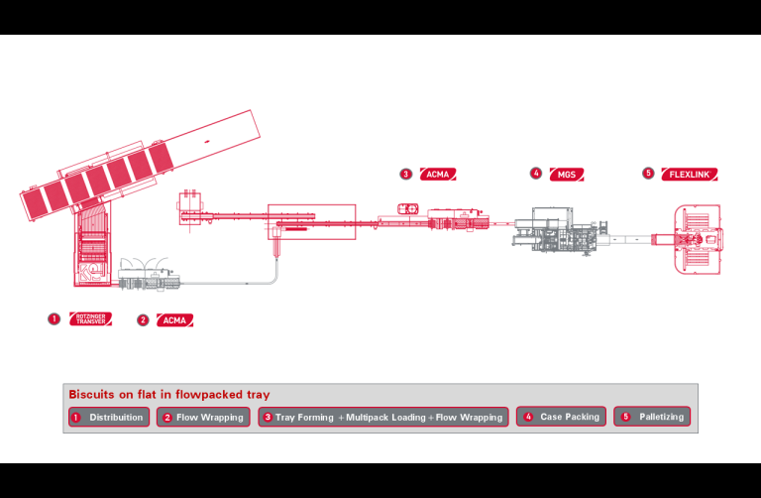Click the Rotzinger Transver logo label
[x=90, y=319]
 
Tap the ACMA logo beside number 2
[x=174, y=320]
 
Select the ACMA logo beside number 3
[x=437, y=174]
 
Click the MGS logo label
[x=566, y=174]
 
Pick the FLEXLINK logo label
[x=689, y=174]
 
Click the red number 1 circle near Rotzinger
[x=54, y=319]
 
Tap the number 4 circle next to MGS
[x=536, y=174]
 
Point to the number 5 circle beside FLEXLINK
[x=648, y=174]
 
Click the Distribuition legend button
[x=109, y=418]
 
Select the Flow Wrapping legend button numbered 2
[x=203, y=418]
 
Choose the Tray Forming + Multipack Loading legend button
[x=383, y=418]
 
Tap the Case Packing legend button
[x=561, y=418]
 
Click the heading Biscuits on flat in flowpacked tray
[x=169, y=395]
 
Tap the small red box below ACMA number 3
[x=407, y=208]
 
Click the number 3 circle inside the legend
[x=268, y=418]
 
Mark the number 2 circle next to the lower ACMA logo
[x=143, y=320]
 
